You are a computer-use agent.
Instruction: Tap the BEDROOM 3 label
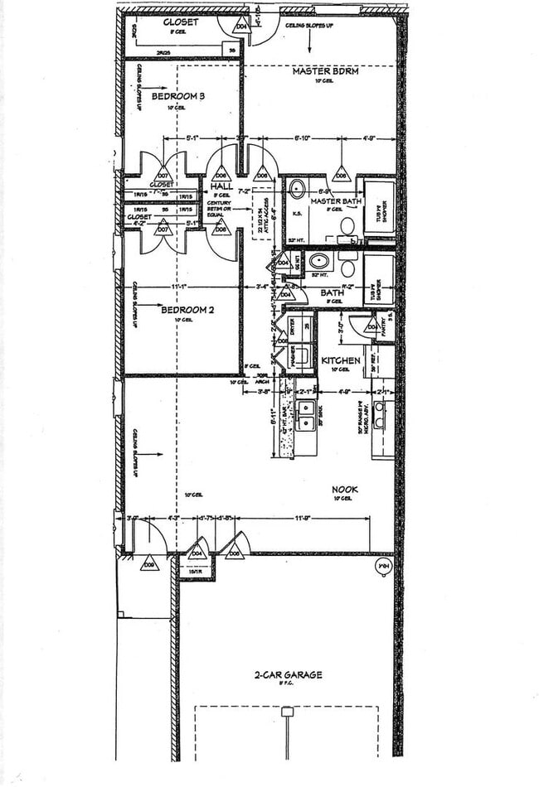(178, 96)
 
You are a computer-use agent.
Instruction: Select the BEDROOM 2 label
(187, 310)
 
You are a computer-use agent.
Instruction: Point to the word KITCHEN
(341, 360)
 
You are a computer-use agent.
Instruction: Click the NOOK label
(346, 490)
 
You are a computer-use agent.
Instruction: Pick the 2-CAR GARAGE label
(289, 675)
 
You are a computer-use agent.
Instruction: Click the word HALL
(221, 186)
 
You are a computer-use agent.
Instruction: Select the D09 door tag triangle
(149, 563)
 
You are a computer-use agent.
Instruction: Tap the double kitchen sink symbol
(307, 408)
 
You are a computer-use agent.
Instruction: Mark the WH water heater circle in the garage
(383, 567)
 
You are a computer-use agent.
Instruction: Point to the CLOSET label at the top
(181, 22)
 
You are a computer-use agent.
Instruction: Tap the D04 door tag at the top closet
(242, 27)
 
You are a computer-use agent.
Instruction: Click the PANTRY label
(383, 320)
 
